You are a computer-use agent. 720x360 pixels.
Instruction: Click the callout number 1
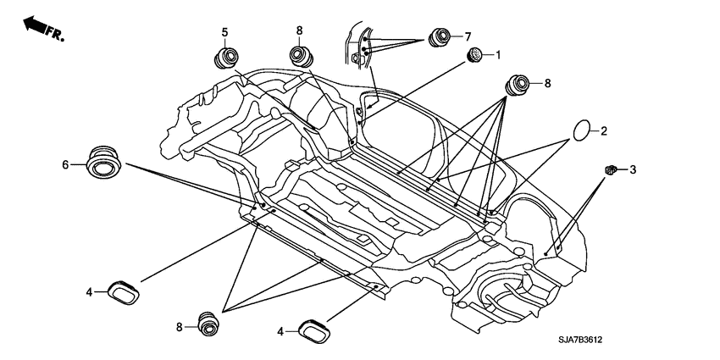coord(498,55)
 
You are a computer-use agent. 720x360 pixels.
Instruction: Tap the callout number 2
coord(603,131)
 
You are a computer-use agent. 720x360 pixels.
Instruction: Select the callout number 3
coord(633,170)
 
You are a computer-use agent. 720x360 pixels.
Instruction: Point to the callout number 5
coord(224,32)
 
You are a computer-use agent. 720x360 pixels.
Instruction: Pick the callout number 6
coord(66,164)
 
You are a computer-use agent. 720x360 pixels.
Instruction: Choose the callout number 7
coord(468,36)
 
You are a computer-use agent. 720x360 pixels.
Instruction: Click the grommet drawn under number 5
coord(226,58)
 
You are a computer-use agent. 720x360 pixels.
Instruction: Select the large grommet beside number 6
coord(102,163)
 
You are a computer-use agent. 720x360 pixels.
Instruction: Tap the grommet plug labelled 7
coord(440,37)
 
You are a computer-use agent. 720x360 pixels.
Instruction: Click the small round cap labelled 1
coord(474,55)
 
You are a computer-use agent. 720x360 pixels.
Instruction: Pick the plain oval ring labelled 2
coord(581,130)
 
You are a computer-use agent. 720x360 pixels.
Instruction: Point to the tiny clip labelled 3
coord(610,170)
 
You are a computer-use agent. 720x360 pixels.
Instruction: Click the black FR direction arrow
coord(35,24)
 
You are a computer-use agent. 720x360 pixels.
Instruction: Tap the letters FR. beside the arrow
coord(55,33)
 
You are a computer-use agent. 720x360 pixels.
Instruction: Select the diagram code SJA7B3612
coord(580,341)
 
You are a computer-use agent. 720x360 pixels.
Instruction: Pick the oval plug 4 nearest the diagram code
coord(314,332)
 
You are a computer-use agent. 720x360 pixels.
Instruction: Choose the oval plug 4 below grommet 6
coord(124,292)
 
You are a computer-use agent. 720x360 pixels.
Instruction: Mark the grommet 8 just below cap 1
coord(517,85)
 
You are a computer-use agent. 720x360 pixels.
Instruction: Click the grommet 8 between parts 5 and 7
coord(302,57)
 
